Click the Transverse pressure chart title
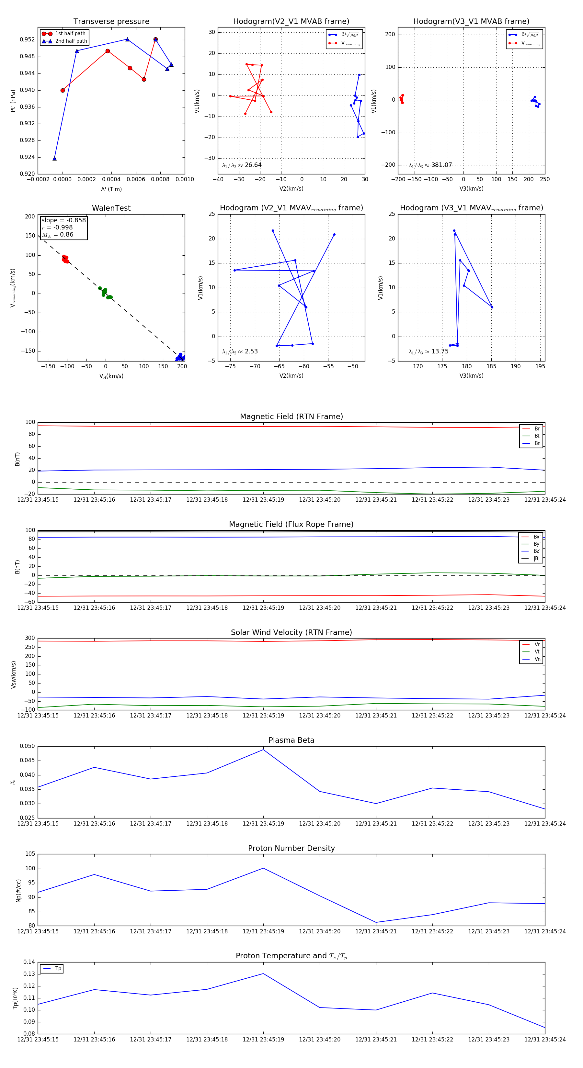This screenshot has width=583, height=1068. tap(111, 22)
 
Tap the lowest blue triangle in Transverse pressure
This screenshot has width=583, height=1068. tap(54, 158)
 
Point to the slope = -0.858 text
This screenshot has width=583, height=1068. tap(63, 220)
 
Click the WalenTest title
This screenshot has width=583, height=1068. tap(111, 208)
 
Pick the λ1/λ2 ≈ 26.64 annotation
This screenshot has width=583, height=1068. tap(242, 165)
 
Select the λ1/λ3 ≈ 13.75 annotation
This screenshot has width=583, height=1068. tap(429, 351)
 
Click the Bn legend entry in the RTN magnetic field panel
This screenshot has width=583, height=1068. tap(537, 443)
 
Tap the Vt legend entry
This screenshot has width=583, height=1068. tap(537, 652)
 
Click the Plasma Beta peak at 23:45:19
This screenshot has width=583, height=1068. tap(263, 750)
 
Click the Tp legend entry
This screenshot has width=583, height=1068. tap(58, 969)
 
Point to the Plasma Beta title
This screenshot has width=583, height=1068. tap(291, 740)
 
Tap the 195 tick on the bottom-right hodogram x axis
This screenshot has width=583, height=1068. tap(540, 366)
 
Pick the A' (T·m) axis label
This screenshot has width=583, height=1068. tap(111, 189)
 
